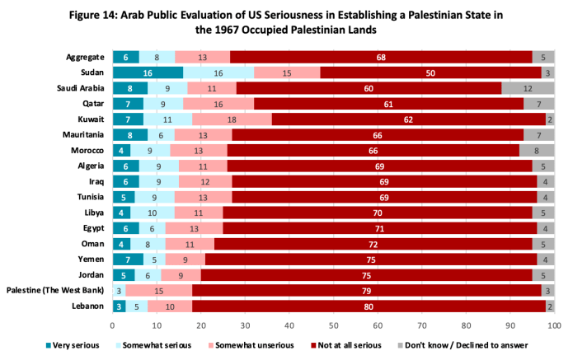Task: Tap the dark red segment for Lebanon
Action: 369,306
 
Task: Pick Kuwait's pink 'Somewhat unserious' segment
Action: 232,119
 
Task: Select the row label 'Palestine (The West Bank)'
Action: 55,291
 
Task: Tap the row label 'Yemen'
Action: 92,259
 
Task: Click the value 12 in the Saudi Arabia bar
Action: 528,88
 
